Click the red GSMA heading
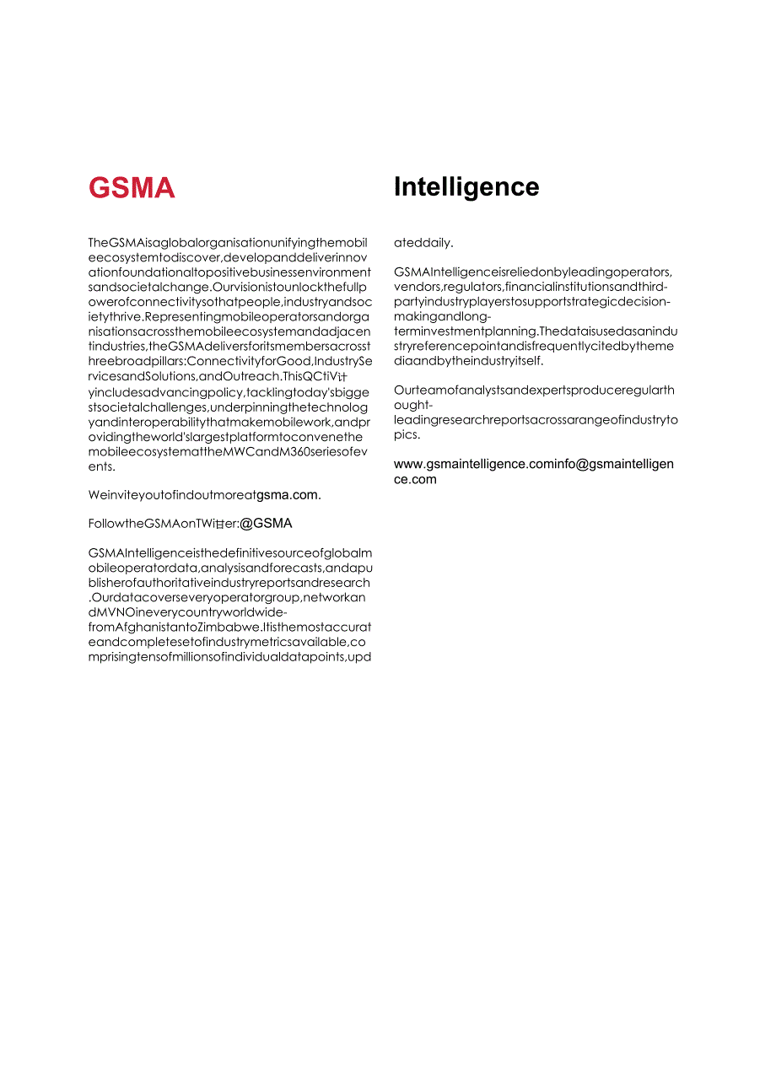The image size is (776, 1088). (x=132, y=187)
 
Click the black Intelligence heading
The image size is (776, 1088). (x=466, y=187)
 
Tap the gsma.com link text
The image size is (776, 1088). (x=288, y=495)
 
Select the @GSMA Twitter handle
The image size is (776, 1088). (x=266, y=524)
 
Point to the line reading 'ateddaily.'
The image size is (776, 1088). (x=423, y=243)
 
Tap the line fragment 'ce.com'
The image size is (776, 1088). (x=415, y=479)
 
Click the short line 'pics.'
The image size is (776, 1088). (x=407, y=434)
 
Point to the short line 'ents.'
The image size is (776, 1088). (x=101, y=466)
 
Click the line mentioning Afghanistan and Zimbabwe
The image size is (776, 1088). (x=229, y=627)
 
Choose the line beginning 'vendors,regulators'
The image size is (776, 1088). (x=531, y=287)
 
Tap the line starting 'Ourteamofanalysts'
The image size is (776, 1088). (x=534, y=390)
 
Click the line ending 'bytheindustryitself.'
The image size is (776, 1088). (x=469, y=361)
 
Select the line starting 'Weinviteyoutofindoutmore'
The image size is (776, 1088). (x=172, y=495)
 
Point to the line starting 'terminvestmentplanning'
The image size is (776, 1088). (x=536, y=331)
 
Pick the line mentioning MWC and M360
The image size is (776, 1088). (x=228, y=452)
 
